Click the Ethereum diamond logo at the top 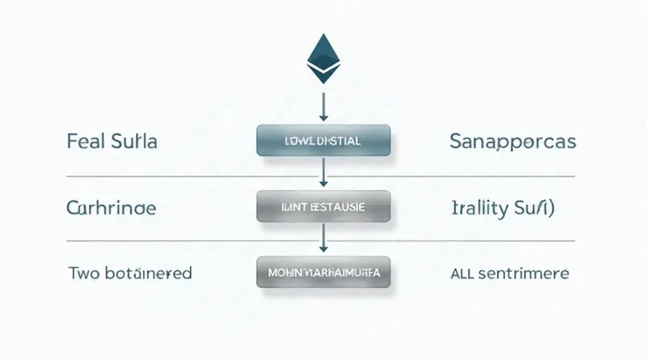(323, 59)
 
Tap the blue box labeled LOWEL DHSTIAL (323, 141)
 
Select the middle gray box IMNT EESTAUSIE (323, 207)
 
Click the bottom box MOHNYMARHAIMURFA (323, 273)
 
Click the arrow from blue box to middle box (323, 172)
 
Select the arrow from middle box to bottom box (323, 239)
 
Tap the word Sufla (133, 142)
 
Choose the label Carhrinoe (111, 208)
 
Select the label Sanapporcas (512, 142)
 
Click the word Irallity (479, 208)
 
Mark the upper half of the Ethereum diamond (323, 50)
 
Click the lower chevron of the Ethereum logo (323, 75)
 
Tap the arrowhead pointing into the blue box (323, 118)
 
